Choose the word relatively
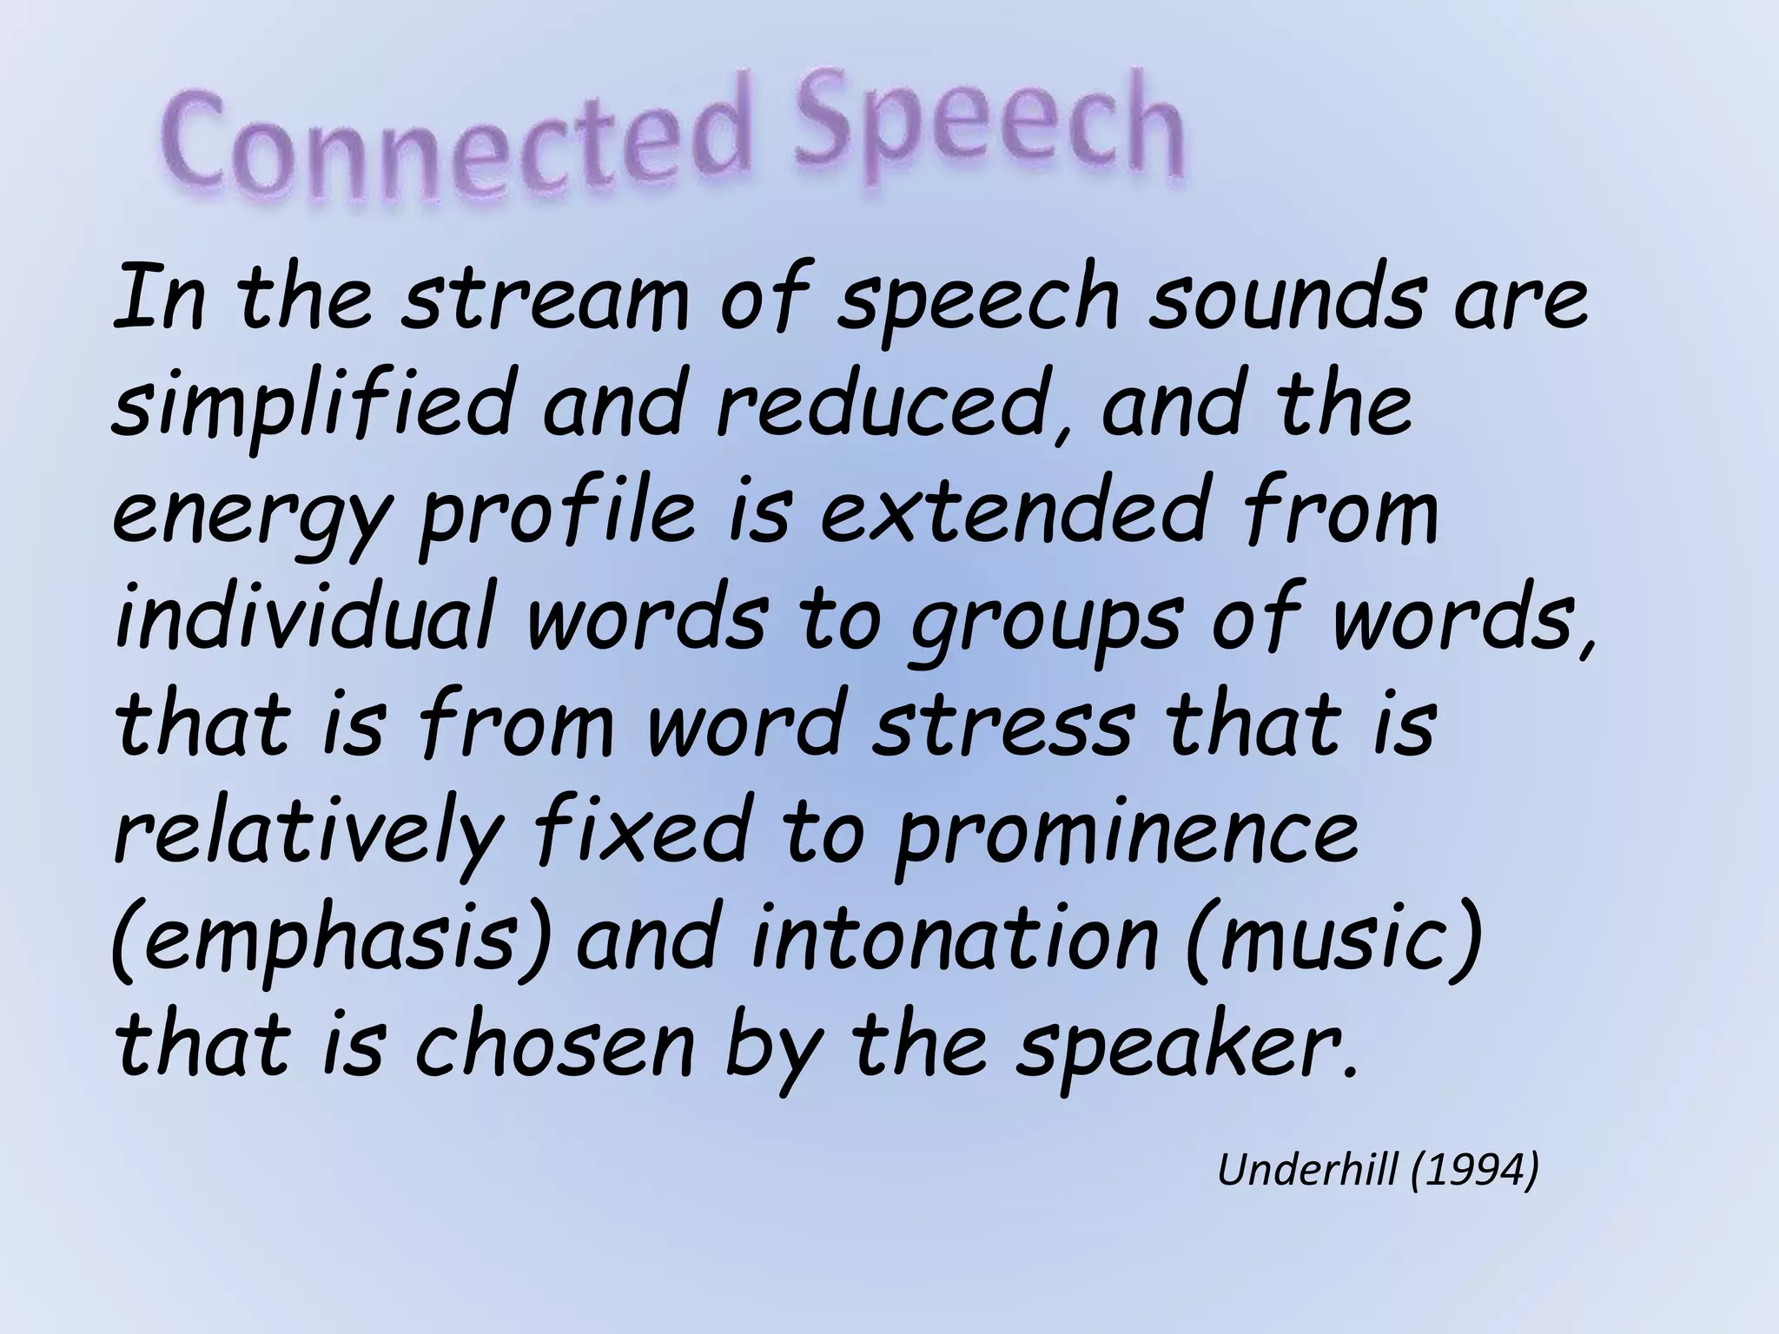click(x=308, y=834)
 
